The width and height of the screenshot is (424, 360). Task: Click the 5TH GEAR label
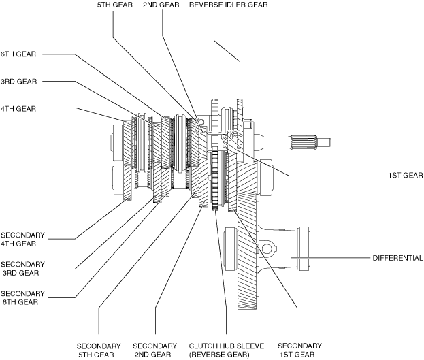click(x=115, y=5)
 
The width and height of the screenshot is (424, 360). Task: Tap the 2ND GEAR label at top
click(x=161, y=5)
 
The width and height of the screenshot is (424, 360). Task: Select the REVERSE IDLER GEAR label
click(x=229, y=5)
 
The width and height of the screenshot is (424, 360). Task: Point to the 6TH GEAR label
click(x=18, y=54)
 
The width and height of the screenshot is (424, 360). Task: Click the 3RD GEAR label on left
click(x=18, y=82)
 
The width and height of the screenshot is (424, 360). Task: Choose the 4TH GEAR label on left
click(x=18, y=109)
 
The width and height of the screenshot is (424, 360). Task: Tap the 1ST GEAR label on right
click(x=406, y=176)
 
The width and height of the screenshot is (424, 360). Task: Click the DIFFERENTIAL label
click(x=397, y=258)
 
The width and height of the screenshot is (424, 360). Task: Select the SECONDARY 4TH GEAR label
click(x=22, y=240)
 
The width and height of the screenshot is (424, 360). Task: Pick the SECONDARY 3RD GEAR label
click(x=22, y=269)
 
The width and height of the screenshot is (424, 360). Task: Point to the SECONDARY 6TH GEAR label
click(x=22, y=298)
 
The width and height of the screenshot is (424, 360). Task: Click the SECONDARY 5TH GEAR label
click(x=99, y=350)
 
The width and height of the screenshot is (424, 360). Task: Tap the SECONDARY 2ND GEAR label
click(x=155, y=350)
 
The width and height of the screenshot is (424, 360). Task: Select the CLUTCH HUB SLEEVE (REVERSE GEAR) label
click(x=227, y=350)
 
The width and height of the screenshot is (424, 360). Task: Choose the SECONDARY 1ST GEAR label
click(x=299, y=350)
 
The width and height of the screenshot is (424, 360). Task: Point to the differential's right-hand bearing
click(x=304, y=249)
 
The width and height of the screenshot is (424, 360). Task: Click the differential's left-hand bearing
click(x=231, y=249)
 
